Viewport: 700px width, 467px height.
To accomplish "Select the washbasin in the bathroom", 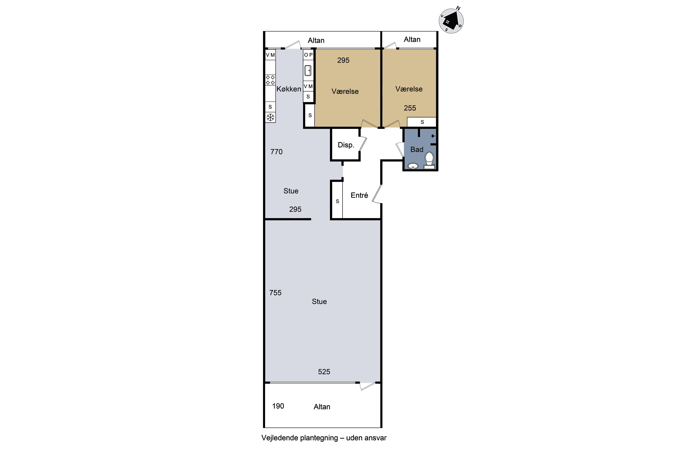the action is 413,166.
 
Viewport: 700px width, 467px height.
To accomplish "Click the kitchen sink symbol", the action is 308,71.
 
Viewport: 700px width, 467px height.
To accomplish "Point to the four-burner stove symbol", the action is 270,80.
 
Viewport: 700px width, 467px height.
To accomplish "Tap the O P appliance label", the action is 308,55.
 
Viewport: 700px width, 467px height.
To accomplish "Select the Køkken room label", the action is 289,89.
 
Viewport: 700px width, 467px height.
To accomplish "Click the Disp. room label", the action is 346,145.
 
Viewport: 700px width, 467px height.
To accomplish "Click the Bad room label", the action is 417,149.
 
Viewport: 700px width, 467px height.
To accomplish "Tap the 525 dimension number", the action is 324,372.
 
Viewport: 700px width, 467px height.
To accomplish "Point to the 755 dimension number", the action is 275,293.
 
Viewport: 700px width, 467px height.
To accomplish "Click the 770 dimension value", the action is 276,152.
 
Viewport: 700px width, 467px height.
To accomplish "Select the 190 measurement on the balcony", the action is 278,406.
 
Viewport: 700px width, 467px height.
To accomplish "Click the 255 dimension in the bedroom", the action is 410,108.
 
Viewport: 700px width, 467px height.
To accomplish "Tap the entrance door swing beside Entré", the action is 377,194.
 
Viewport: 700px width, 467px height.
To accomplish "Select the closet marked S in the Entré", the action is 337,200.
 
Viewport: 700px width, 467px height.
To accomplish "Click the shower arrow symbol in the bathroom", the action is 433,136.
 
